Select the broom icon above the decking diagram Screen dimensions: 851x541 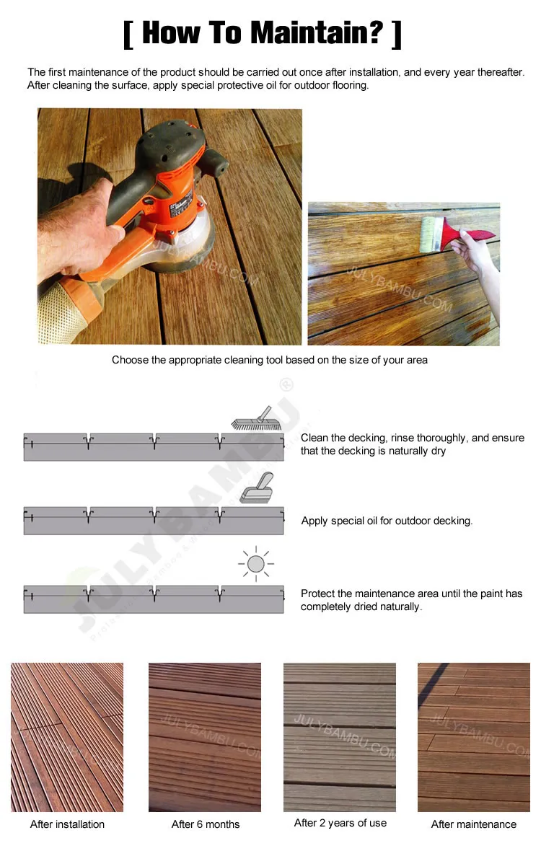pyautogui.click(x=252, y=419)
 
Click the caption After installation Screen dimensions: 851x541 pyautogui.click(x=67, y=824)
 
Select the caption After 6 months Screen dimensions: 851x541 pyautogui.click(x=206, y=824)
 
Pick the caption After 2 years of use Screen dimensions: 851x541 pyautogui.click(x=340, y=822)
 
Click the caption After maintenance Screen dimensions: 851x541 pyautogui.click(x=474, y=824)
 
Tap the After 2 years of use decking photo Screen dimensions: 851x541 pyautogui.click(x=340, y=737)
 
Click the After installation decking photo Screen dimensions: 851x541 pyautogui.click(x=67, y=737)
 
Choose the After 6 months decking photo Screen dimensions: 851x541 pyautogui.click(x=205, y=737)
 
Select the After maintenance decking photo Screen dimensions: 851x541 pyautogui.click(x=474, y=737)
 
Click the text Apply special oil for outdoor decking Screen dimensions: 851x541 pyautogui.click(x=387, y=521)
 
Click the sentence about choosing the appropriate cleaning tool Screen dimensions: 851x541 pyautogui.click(x=270, y=360)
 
